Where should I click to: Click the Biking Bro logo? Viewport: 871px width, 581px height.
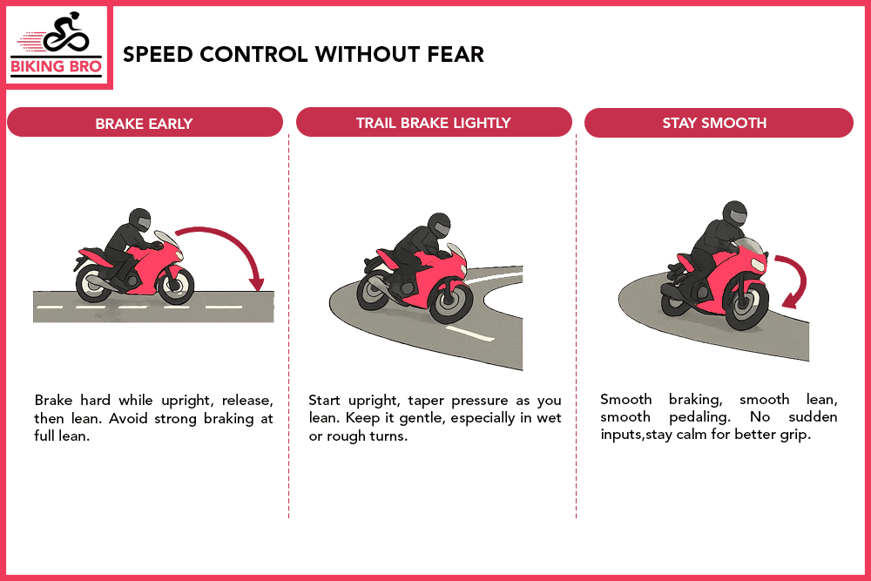58,45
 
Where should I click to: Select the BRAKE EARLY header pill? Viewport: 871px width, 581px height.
145,123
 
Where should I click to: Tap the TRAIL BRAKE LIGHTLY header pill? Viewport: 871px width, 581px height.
434,123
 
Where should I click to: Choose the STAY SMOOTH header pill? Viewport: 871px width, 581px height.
718,123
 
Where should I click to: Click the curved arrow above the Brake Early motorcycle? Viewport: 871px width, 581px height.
222,248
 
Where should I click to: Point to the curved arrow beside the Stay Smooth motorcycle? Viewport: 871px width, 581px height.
794,279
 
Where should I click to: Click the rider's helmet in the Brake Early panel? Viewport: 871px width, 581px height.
139,220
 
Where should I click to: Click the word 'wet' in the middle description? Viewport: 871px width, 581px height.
550,418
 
